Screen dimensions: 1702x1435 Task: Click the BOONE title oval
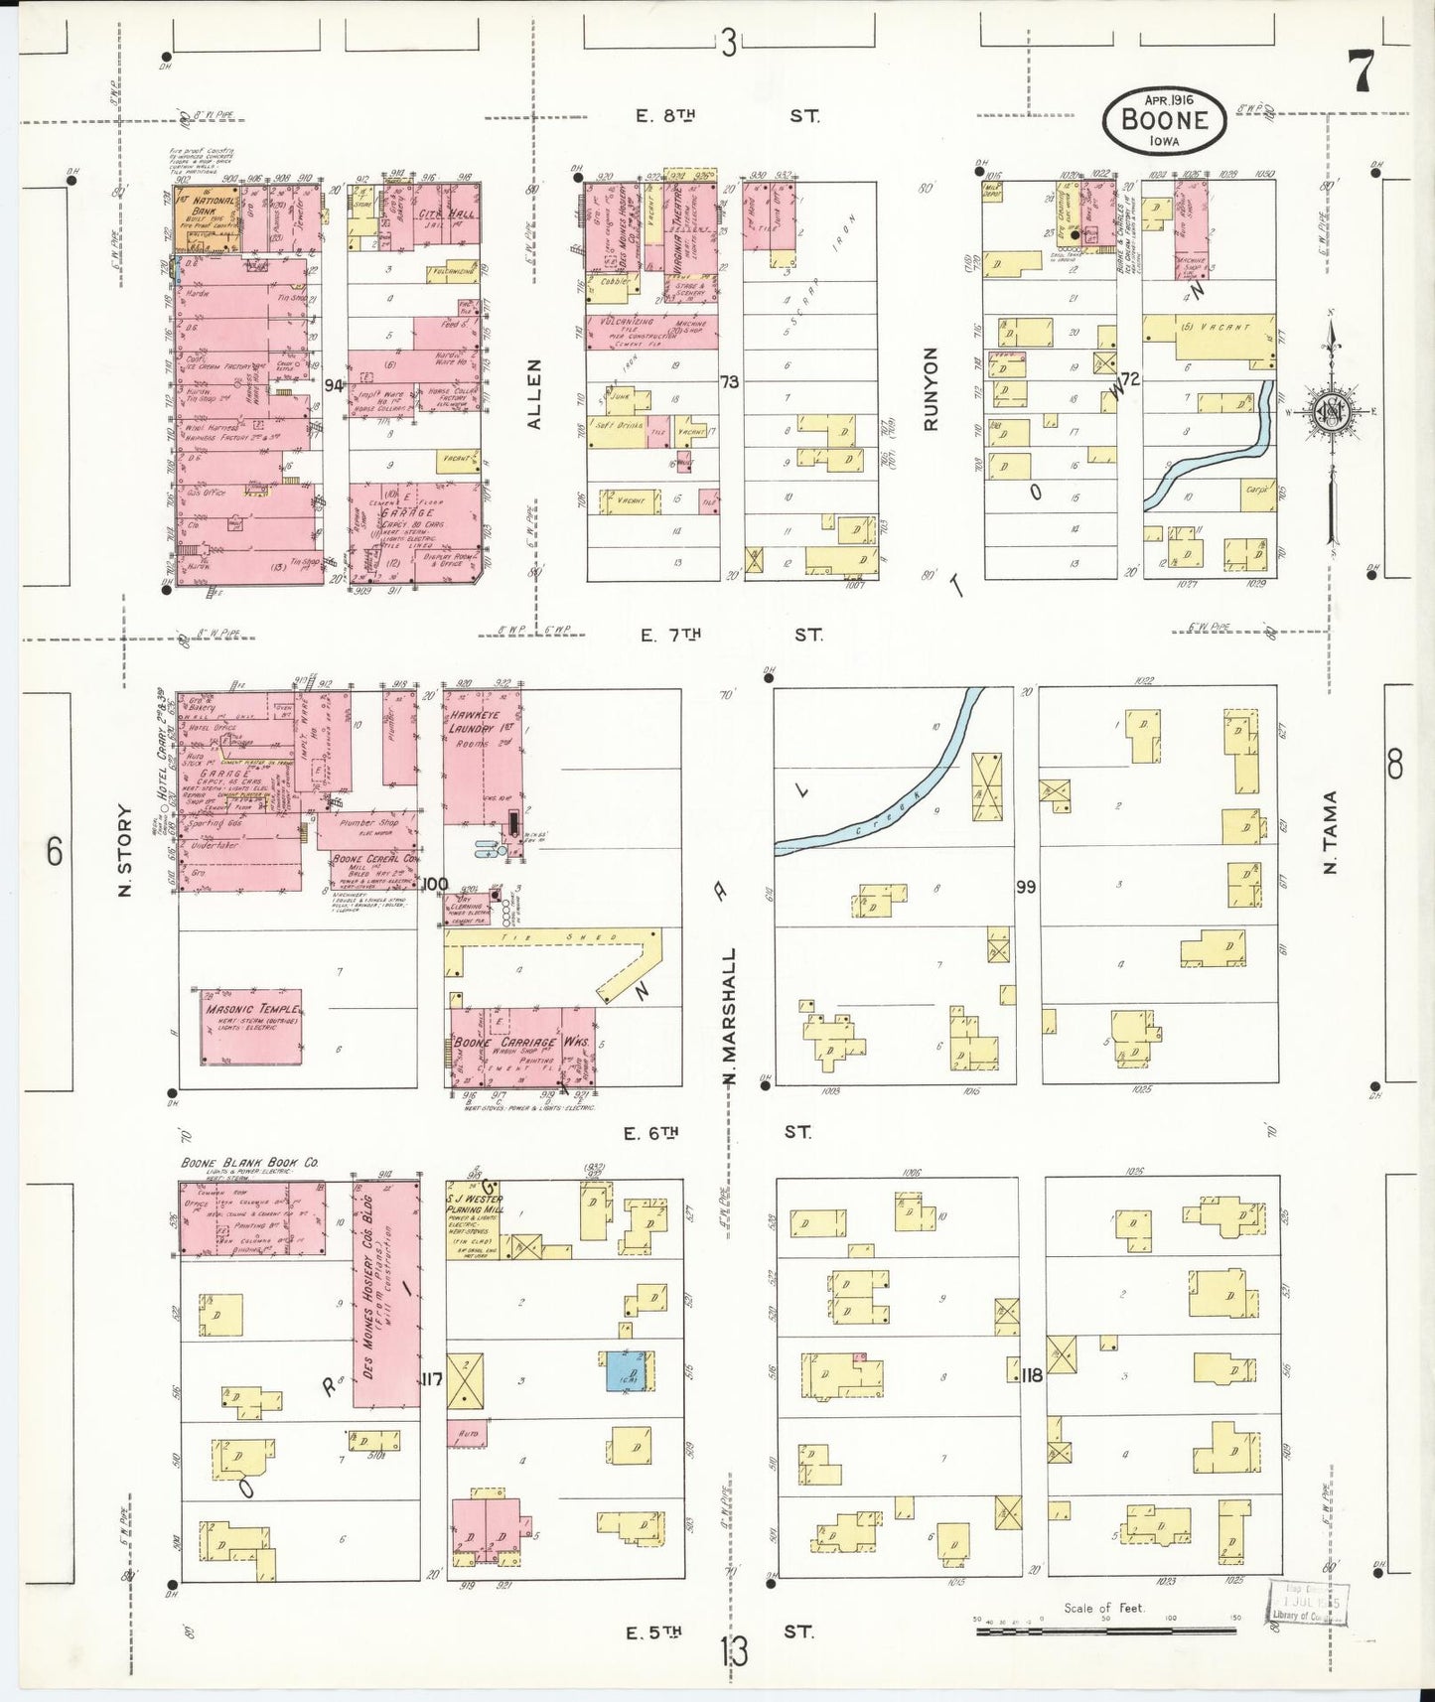pos(1164,119)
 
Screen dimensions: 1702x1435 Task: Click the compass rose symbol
pos(1329,412)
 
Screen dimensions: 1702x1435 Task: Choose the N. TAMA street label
pos(1331,832)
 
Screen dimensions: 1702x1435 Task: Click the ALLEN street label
pos(534,394)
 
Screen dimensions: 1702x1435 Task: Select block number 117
pos(431,1379)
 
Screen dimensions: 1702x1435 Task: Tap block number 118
pos(1032,1375)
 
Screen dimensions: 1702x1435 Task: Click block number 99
pos(1026,886)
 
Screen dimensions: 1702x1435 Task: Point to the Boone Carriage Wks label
pos(520,1043)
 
